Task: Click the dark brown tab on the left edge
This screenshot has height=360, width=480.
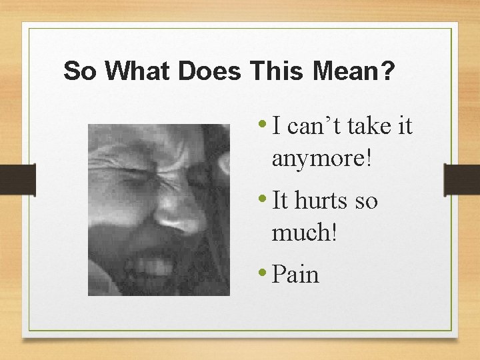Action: [17, 179]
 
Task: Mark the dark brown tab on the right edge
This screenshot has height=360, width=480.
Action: [463, 179]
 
